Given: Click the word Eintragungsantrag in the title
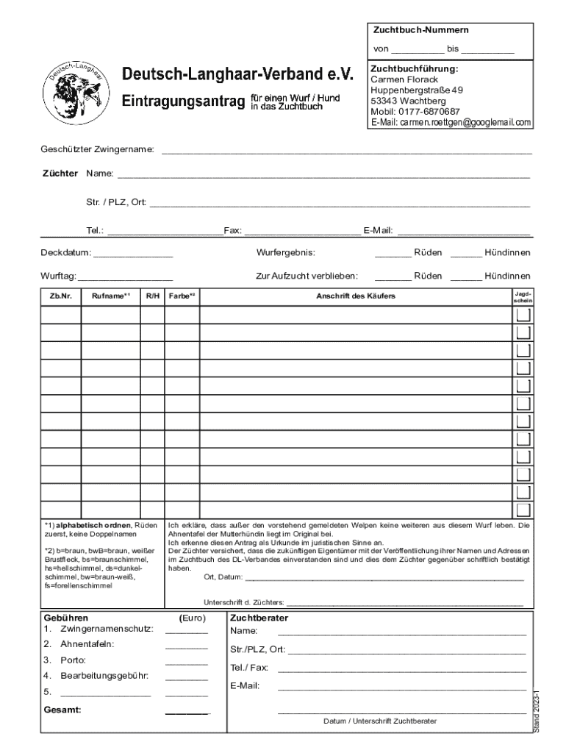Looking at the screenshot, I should [x=182, y=101].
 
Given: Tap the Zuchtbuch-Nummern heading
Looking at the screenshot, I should [x=421, y=30].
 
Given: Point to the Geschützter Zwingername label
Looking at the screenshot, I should [x=97, y=150].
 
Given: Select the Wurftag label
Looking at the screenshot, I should [x=58, y=276].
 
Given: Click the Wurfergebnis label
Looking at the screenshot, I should [x=285, y=253].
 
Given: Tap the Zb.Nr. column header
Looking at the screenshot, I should [x=60, y=296].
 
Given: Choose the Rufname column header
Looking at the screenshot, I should [x=111, y=296].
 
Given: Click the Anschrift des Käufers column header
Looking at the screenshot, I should [x=355, y=296].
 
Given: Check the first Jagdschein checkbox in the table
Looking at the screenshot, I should [x=523, y=315].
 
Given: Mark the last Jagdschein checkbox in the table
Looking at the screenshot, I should [x=523, y=510].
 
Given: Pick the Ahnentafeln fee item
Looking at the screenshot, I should [x=87, y=644].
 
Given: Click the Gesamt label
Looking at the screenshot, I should [x=62, y=710].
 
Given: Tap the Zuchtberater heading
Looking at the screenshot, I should [x=259, y=618].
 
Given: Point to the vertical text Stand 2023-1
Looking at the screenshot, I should [x=537, y=710].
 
